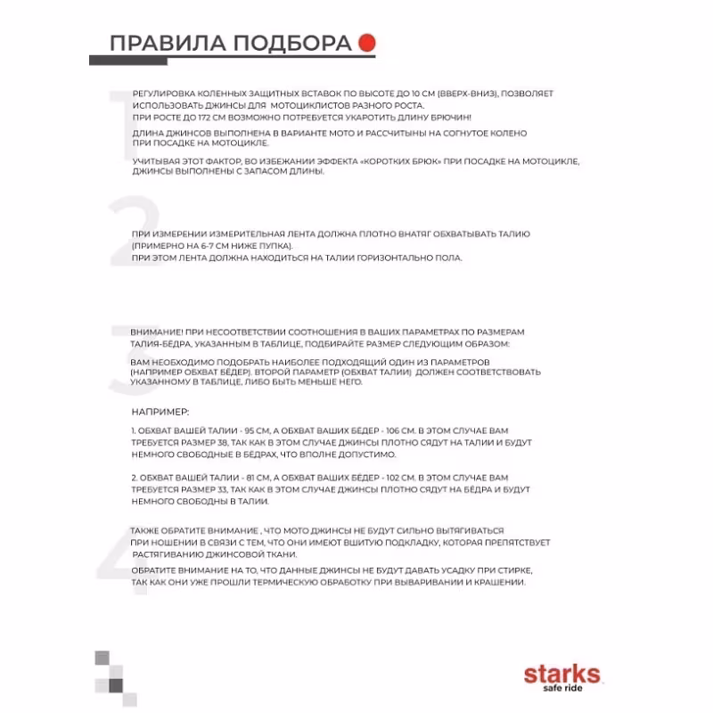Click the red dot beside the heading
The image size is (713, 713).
point(365,43)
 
